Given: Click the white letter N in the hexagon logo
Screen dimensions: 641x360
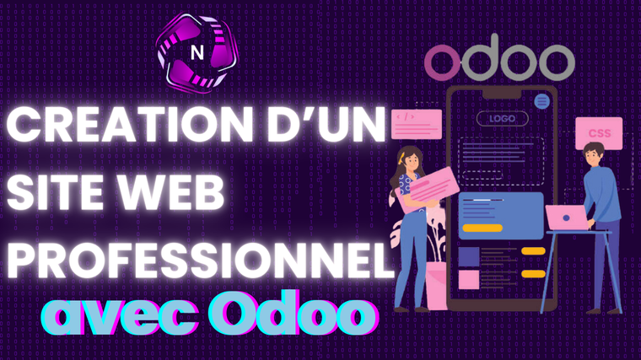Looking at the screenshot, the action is (x=197, y=52).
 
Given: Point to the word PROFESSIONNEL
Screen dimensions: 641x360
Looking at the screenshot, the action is (x=200, y=261).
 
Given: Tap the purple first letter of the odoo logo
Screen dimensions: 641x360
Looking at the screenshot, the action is (x=443, y=62).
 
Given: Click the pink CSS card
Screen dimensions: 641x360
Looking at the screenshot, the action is (x=599, y=133).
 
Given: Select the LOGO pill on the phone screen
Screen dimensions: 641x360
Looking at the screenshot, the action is (x=503, y=119).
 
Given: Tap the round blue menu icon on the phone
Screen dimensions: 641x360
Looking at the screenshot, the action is (x=541, y=101).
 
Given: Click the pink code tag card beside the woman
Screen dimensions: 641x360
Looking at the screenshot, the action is (x=417, y=124).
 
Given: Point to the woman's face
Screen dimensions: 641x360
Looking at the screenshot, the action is (x=412, y=161).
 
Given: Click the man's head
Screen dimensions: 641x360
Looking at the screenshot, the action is (x=594, y=153).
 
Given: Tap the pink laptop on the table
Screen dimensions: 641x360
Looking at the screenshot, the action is (x=568, y=218).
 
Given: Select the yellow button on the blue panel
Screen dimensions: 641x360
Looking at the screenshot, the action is (x=482, y=228).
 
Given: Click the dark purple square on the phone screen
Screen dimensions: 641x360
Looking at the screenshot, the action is (x=468, y=257).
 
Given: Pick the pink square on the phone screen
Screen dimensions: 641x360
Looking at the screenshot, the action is (x=468, y=280).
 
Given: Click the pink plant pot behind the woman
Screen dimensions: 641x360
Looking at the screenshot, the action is (x=436, y=286).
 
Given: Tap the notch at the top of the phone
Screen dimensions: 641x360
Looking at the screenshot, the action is (x=502, y=94).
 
